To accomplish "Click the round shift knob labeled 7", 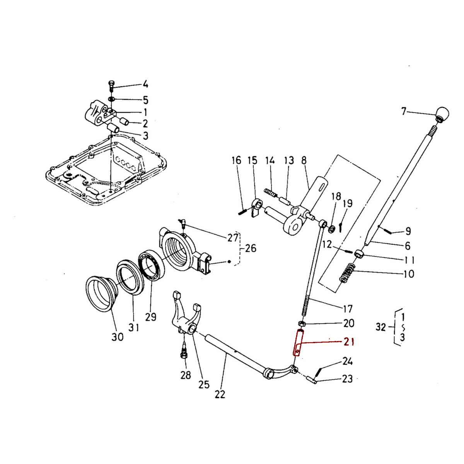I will tap(443, 114).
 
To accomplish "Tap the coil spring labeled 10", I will tap(347, 273).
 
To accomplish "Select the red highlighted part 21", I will tap(299, 342).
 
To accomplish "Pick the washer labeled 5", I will tap(111, 99).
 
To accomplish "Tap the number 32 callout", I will tap(381, 328).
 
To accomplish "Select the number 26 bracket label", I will tap(251, 248).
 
